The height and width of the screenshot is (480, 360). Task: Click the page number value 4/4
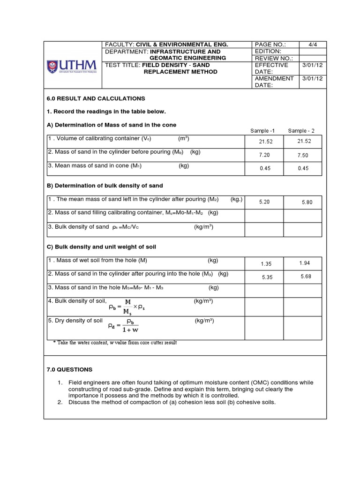(x=310, y=45)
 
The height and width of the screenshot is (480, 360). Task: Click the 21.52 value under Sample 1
(x=265, y=141)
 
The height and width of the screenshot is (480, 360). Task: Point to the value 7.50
(x=303, y=155)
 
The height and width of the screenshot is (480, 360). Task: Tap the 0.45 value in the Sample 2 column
(x=303, y=168)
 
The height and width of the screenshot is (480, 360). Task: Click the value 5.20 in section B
(x=265, y=202)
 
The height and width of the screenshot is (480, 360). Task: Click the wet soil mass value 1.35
(x=266, y=264)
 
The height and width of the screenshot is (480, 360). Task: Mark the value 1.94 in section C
(x=304, y=263)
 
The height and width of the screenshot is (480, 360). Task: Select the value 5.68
(x=306, y=277)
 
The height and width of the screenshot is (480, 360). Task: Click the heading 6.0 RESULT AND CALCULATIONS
(x=96, y=98)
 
